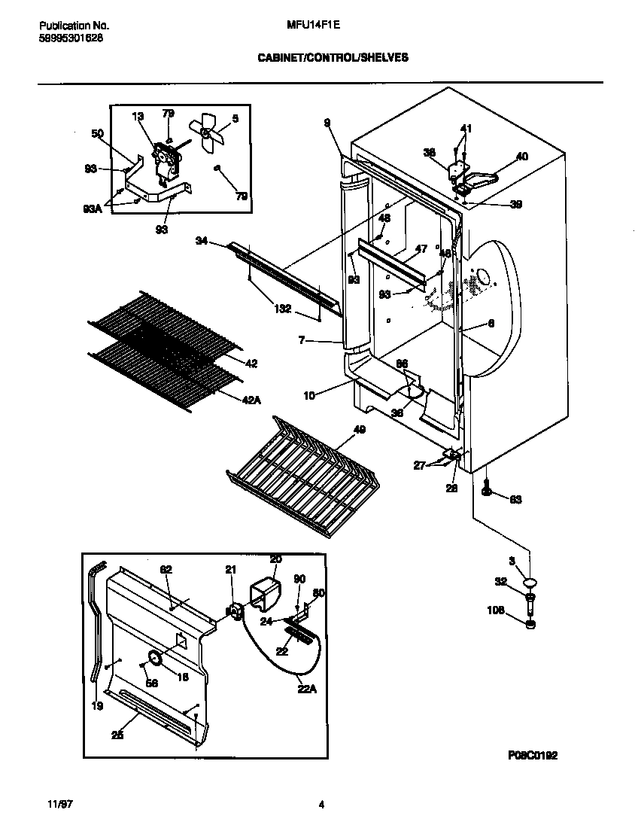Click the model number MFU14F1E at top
314,24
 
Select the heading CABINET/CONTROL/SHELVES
333,56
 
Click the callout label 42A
251,400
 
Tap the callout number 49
359,429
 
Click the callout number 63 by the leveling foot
515,499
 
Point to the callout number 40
521,157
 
